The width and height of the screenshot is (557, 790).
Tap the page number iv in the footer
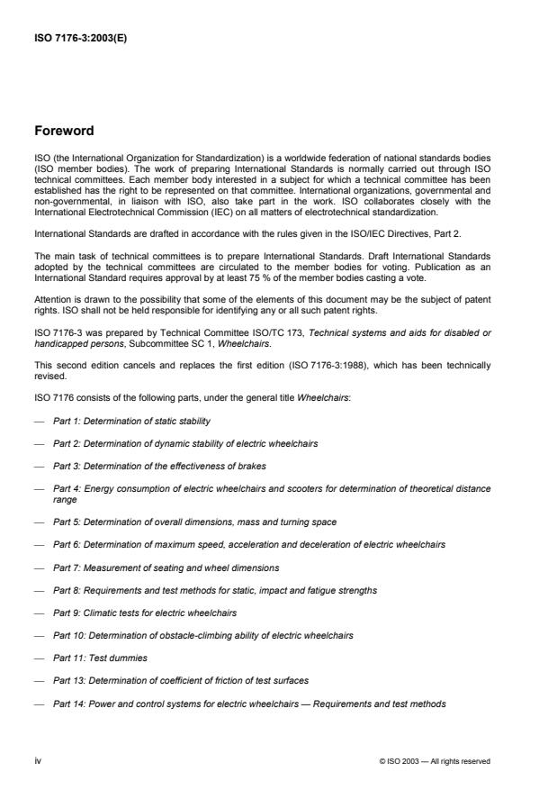(39, 761)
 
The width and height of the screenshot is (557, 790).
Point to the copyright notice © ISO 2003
(435, 761)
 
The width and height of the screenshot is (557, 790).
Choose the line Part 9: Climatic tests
(144, 612)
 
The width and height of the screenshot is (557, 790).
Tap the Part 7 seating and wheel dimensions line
(166, 568)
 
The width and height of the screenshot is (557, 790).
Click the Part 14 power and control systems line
(248, 704)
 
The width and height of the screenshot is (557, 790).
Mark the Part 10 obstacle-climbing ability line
(202, 635)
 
